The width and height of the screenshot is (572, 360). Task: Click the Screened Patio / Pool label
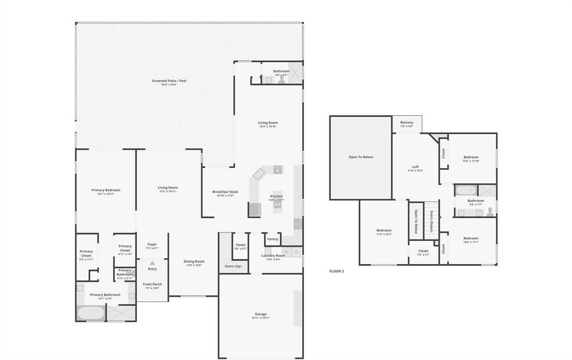tap(169, 81)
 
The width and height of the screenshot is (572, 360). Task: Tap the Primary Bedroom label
tap(106, 190)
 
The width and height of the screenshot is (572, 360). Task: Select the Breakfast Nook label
tap(225, 192)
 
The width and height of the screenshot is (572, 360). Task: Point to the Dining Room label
tap(194, 262)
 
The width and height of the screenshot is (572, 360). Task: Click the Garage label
tap(260, 314)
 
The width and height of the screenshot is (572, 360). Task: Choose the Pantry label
tap(273, 239)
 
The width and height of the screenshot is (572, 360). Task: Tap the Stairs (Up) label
tap(233, 266)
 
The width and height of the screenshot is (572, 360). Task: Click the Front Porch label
tap(152, 285)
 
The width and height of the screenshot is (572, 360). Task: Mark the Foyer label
tap(152, 244)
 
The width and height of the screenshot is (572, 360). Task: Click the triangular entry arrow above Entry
tap(152, 263)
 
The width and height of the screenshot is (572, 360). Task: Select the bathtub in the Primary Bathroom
tap(90, 312)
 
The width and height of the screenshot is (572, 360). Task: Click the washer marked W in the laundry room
tap(286, 252)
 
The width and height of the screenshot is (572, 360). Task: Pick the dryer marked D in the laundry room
tap(296, 252)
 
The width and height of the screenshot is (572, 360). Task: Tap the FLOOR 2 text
tap(336, 271)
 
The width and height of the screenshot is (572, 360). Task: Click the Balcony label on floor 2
tap(407, 122)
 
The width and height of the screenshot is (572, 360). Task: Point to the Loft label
tap(415, 167)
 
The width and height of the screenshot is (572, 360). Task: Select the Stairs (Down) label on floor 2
tap(432, 221)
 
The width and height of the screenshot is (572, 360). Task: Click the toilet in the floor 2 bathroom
tap(490, 211)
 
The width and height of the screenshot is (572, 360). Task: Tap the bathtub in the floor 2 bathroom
tap(465, 190)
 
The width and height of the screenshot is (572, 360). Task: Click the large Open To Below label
tap(360, 157)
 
